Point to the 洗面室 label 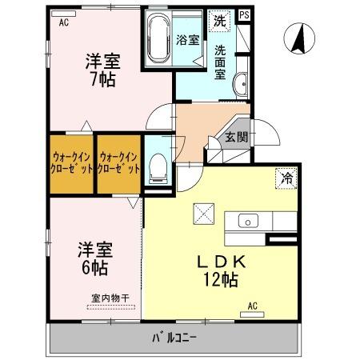221,61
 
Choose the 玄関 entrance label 236,137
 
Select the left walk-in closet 70,164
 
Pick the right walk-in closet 118,164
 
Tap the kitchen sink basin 247,221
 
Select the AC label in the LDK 253,306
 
